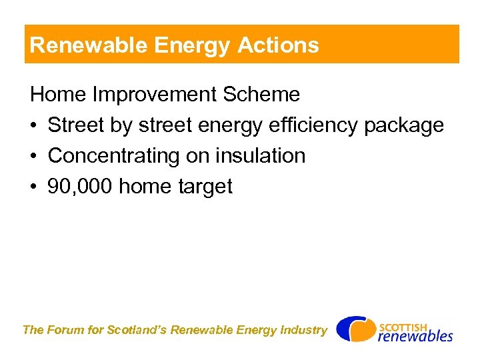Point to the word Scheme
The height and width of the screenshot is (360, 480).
(261, 95)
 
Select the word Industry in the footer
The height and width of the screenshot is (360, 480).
(305, 330)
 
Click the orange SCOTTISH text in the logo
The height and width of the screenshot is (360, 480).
(403, 327)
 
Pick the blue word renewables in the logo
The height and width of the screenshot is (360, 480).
(415, 336)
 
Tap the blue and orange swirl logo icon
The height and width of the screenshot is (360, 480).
(355, 329)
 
